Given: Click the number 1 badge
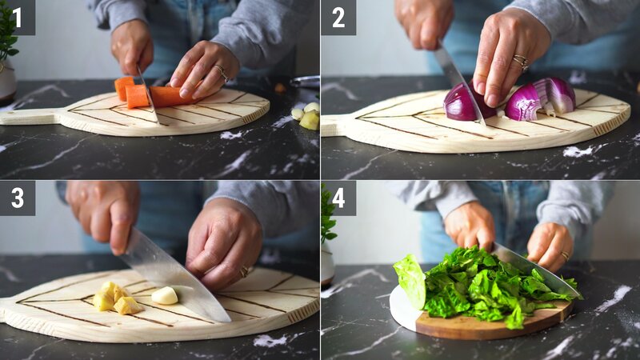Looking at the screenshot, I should click(x=17, y=17).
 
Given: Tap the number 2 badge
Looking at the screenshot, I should click(x=338, y=17).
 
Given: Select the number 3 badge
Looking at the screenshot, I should click(x=17, y=197).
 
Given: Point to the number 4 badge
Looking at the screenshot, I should click(x=338, y=197).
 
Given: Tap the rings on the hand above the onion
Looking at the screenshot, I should click(x=521, y=61).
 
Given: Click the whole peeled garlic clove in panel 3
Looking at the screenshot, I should click(x=165, y=296).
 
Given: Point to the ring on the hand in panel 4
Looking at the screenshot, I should click(x=565, y=256).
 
